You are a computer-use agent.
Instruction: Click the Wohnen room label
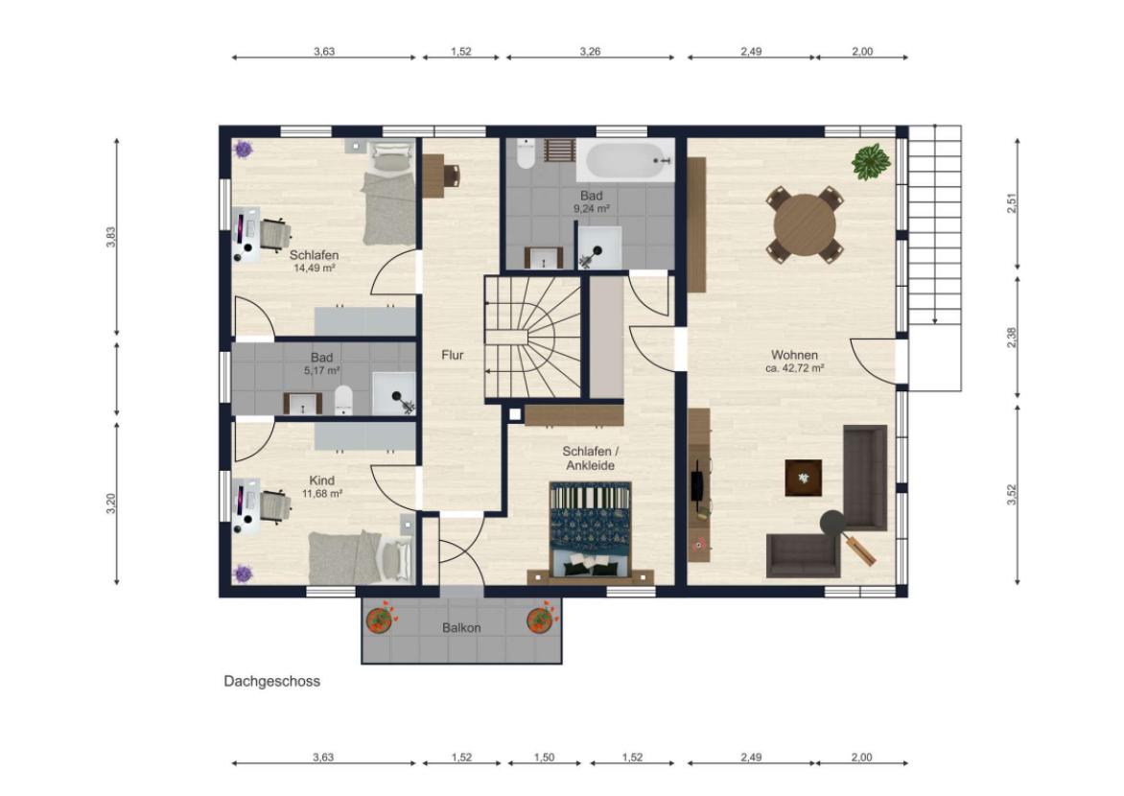(794, 355)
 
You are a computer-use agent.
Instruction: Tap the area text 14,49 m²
(315, 269)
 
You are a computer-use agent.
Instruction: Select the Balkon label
(461, 628)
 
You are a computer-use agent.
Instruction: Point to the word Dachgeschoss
(271, 681)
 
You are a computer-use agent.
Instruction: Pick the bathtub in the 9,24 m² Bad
(625, 162)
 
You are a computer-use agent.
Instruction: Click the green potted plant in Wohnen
(870, 161)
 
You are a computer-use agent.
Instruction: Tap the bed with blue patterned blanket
(590, 529)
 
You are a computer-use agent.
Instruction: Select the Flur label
(453, 355)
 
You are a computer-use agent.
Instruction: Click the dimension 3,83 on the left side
(110, 238)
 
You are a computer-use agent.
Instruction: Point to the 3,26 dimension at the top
(590, 52)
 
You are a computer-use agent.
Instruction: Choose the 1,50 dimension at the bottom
(544, 758)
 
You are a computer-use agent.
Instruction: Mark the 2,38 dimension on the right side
(1012, 337)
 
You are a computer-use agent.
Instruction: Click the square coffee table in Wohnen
(804, 479)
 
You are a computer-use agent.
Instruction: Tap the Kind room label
(322, 481)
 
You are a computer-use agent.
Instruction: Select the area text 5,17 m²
(322, 371)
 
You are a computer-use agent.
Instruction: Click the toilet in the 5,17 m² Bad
(344, 400)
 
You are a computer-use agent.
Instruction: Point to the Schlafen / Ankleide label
(590, 458)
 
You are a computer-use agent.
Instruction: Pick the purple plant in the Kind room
(243, 574)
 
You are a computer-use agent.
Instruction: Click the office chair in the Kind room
(275, 507)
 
